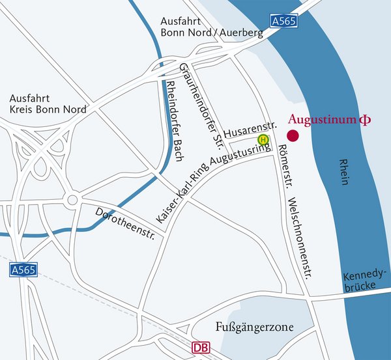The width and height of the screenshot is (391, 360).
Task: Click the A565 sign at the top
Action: click(x=284, y=21)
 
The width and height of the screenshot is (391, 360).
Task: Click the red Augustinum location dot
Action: click(x=293, y=136)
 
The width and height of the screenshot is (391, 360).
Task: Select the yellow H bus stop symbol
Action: click(x=263, y=139)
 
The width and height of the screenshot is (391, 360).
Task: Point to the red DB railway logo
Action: click(x=202, y=349)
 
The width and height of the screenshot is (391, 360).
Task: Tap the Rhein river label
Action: click(x=344, y=172)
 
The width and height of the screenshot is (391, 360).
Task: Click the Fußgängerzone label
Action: click(x=254, y=327)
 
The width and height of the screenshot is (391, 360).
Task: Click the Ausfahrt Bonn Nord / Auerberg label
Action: click(x=211, y=26)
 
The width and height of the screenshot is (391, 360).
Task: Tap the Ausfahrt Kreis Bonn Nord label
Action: click(x=48, y=104)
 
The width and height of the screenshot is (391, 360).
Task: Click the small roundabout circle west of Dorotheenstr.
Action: click(x=72, y=200)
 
